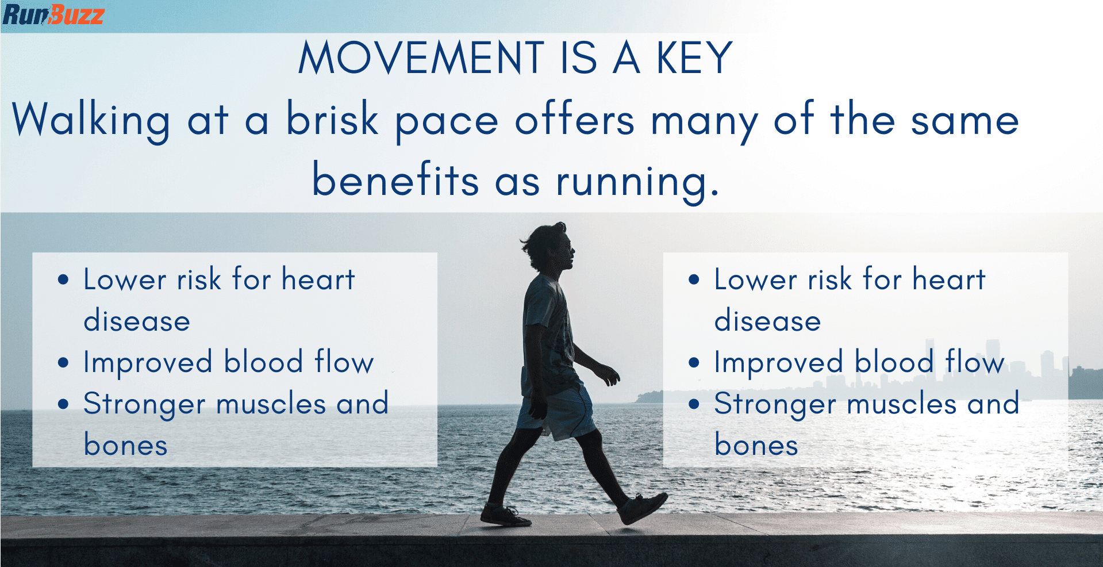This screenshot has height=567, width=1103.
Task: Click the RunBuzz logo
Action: [x=53, y=14]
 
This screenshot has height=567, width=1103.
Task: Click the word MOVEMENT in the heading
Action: [x=421, y=58]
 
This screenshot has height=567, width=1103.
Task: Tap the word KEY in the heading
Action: [x=694, y=58]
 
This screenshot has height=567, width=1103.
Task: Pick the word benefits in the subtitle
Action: [x=395, y=179]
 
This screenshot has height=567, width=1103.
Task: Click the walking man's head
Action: [x=548, y=247]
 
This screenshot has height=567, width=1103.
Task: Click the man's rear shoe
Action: [x=505, y=515]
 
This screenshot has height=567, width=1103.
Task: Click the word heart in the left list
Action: [x=318, y=280]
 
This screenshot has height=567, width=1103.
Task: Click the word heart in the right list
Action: [x=949, y=280]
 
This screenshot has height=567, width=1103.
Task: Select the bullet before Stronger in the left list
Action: [x=63, y=404]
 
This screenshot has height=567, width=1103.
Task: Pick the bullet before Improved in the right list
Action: [x=694, y=363]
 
